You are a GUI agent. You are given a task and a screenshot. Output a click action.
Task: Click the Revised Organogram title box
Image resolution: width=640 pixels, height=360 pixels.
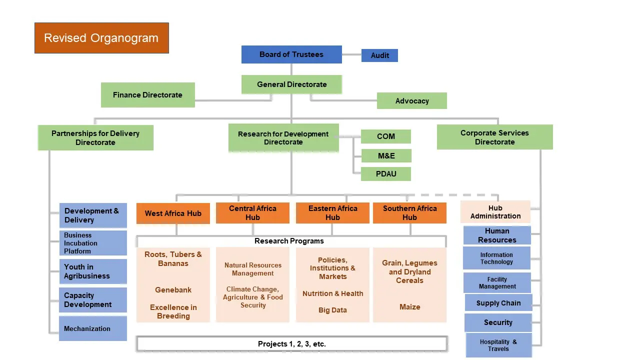click(101, 38)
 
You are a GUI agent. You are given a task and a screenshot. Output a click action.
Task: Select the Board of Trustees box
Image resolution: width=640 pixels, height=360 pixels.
click(291, 54)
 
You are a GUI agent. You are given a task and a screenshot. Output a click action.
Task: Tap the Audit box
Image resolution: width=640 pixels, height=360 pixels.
click(379, 55)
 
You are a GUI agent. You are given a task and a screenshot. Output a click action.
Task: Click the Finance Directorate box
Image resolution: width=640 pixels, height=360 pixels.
click(147, 95)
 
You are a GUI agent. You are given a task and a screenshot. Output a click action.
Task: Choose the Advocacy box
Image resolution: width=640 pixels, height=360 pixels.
click(411, 101)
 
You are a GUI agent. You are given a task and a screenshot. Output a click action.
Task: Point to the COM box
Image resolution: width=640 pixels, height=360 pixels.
click(385, 136)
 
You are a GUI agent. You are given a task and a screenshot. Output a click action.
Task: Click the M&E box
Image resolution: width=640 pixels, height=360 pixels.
click(386, 156)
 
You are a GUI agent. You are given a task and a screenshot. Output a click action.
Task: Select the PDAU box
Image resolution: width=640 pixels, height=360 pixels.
click(385, 174)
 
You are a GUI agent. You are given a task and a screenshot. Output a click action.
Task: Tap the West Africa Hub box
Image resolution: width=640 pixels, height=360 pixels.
click(173, 213)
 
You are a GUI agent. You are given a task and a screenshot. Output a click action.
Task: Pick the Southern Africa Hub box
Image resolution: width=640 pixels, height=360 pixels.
click(409, 213)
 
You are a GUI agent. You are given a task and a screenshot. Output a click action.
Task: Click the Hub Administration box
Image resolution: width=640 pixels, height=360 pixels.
click(495, 212)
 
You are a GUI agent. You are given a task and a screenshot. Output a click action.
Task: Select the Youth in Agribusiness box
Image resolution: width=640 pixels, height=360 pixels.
click(93, 271)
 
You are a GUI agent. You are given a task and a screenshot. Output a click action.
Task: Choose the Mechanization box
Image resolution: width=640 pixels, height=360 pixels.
click(93, 328)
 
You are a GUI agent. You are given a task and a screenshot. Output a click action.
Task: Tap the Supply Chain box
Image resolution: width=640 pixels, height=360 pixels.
click(498, 303)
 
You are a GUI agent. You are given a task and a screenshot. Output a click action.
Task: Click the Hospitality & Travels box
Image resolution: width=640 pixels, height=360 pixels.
click(498, 345)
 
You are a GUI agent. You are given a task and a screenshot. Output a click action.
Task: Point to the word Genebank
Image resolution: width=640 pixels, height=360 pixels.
click(173, 290)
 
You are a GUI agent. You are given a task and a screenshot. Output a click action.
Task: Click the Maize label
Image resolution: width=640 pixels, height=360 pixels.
click(409, 307)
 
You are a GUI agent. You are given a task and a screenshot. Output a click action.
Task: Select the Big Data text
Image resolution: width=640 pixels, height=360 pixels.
click(332, 310)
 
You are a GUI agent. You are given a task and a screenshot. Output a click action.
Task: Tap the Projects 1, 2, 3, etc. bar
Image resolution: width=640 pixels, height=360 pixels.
click(291, 344)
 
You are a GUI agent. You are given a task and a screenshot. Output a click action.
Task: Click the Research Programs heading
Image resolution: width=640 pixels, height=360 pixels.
click(289, 241)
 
